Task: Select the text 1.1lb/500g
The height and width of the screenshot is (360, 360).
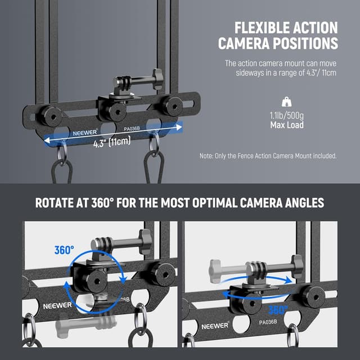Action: click(286, 116)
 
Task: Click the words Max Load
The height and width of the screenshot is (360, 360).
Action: click(286, 125)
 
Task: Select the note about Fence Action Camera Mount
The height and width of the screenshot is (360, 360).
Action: click(268, 156)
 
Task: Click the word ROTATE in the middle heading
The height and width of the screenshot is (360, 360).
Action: click(58, 202)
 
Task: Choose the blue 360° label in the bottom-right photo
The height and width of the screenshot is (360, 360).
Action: click(278, 309)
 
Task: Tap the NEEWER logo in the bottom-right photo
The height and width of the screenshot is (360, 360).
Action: click(215, 325)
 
